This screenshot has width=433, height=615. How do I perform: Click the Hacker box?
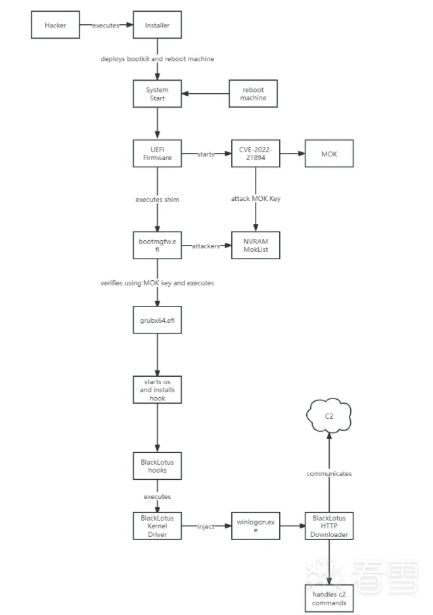coord(55,26)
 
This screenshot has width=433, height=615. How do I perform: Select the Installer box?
coord(157,26)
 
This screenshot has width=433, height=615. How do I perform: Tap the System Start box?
coord(157,94)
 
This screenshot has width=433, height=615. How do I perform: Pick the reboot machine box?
coord(253,93)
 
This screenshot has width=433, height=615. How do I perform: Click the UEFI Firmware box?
coord(157,154)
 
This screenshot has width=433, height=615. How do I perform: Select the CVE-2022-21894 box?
coord(255,154)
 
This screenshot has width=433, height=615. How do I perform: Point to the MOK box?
coord(329,154)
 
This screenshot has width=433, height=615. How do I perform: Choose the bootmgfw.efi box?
coord(157,245)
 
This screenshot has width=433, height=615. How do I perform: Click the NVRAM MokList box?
coord(256,245)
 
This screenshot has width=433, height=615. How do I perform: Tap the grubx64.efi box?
coord(157,322)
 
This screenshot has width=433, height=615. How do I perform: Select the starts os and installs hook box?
coord(157,390)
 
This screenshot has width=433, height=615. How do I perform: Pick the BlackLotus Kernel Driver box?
coord(157,526)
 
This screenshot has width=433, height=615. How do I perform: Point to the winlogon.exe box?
coord(255,526)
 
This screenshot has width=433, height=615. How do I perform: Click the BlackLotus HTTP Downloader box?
coord(329,526)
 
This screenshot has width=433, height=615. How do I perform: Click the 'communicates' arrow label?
coord(329,473)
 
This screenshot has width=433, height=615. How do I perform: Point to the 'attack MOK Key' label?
coord(256,198)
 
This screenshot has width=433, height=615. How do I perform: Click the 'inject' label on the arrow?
coord(206,526)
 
